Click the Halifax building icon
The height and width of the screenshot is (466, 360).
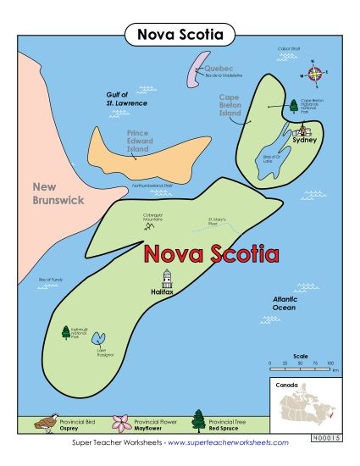(167, 279)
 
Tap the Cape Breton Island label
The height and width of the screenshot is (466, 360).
(230, 105)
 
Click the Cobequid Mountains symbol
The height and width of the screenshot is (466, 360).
(150, 226)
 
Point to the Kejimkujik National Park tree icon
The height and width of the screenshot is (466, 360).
(65, 333)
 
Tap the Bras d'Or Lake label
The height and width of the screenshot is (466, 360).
(273, 160)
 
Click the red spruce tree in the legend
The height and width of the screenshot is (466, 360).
(198, 419)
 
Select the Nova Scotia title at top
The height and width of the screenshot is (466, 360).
(180, 35)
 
